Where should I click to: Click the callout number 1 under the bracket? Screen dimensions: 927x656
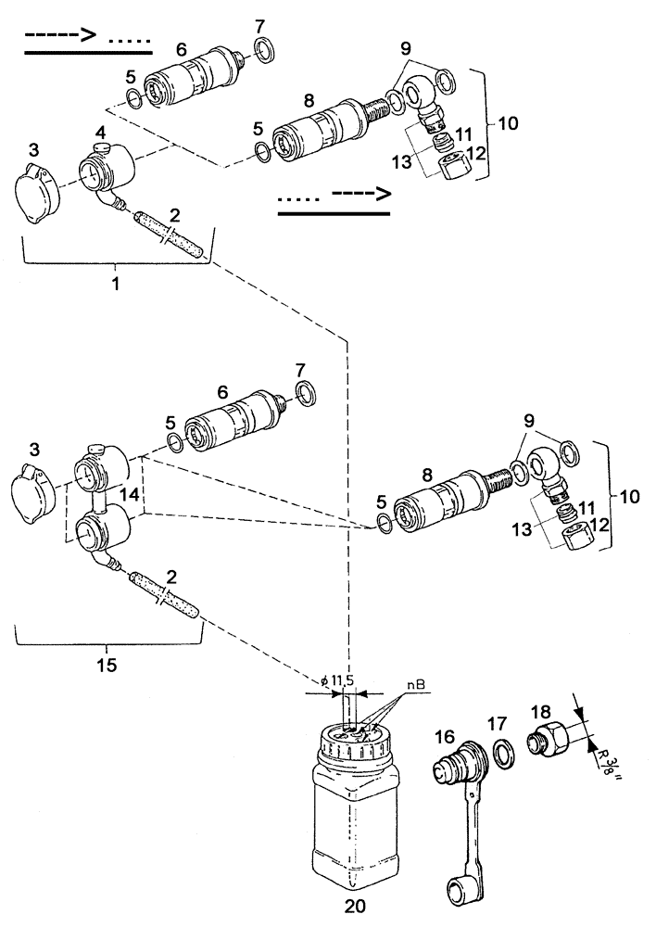[115, 283]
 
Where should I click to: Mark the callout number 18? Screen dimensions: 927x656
[540, 713]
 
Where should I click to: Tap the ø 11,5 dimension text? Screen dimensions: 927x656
[337, 682]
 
